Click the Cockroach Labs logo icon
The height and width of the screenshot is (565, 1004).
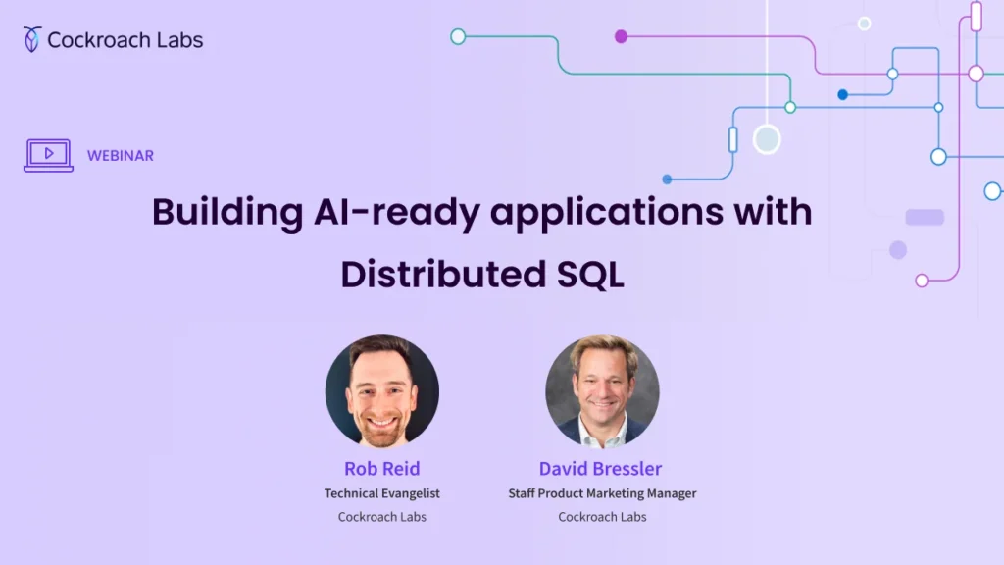(x=32, y=39)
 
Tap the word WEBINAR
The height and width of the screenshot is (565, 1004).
(x=120, y=156)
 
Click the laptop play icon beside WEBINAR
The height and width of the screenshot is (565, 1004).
(x=48, y=155)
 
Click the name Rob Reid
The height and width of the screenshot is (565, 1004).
(x=382, y=468)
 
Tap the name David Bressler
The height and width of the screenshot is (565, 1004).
(x=600, y=468)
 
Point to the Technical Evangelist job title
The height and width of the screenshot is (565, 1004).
(x=382, y=493)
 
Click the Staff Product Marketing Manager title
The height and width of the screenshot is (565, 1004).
(x=602, y=493)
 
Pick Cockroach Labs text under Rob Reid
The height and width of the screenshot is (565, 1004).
(x=382, y=517)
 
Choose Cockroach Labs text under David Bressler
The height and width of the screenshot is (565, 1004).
(x=602, y=517)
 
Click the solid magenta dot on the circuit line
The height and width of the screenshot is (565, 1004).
(x=621, y=36)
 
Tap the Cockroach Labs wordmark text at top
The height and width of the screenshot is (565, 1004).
(x=125, y=40)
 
